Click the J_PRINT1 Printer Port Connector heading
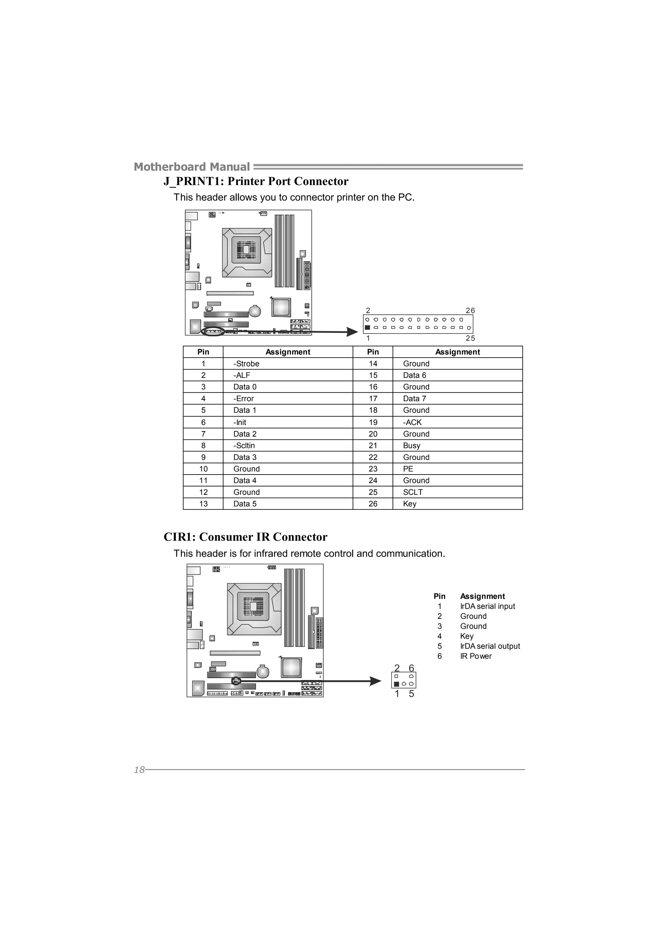(256, 181)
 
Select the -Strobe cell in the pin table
(247, 364)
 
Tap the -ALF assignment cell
(242, 375)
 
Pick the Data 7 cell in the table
(414, 399)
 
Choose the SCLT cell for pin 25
(413, 492)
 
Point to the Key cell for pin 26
(410, 504)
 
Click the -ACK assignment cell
(412, 422)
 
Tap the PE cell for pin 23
(408, 469)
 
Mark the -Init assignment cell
(240, 422)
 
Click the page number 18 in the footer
(139, 770)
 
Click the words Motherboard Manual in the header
(191, 167)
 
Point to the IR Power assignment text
(476, 656)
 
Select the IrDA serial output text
(490, 646)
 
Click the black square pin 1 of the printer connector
(367, 327)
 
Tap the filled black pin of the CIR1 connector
(396, 684)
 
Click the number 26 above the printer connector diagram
(470, 310)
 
